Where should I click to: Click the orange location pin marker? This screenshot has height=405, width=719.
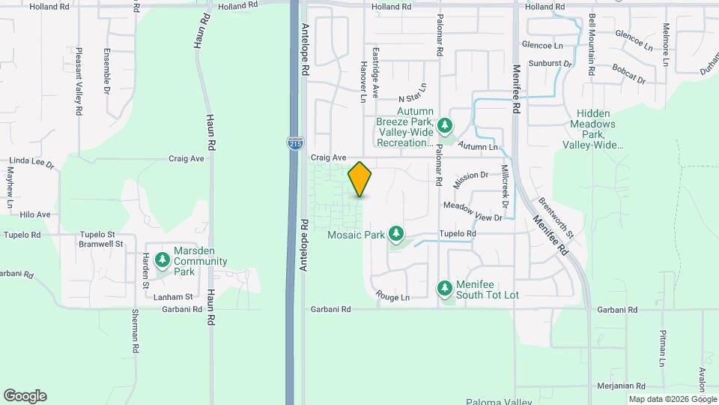point(360,179)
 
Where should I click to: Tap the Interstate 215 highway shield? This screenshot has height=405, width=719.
point(294,141)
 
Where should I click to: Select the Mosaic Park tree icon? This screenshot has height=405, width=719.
point(396,235)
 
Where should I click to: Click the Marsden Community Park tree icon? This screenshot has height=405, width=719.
point(163,259)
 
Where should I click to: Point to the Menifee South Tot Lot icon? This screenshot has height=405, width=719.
point(445,288)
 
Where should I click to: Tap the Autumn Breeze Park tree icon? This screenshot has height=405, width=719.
point(445,125)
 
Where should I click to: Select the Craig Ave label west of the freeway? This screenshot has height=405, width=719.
point(186,159)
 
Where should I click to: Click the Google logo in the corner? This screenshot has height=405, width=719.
point(25,396)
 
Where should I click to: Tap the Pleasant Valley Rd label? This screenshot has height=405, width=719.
point(79,83)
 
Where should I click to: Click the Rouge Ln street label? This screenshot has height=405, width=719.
point(393,297)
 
